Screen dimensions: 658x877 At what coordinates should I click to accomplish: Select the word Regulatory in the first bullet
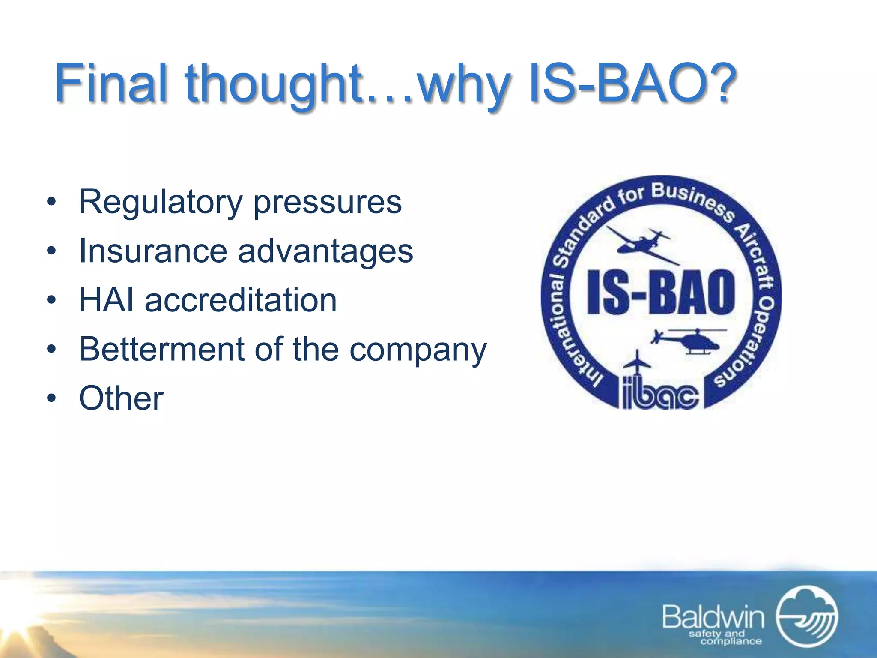point(161,202)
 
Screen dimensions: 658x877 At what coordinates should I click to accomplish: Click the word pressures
point(328,202)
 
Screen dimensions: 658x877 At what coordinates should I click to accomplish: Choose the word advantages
point(325,251)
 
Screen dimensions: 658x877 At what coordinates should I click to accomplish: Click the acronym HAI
point(106,300)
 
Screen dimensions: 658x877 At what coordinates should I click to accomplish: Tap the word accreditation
point(241,300)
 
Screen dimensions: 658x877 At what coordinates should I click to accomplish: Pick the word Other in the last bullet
point(121,398)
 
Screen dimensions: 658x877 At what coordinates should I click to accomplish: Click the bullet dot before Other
point(51,398)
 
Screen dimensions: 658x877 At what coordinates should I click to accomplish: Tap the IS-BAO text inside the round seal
point(661,292)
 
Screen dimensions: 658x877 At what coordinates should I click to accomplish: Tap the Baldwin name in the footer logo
point(713,617)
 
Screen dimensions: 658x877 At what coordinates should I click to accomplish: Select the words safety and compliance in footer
point(725,637)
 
